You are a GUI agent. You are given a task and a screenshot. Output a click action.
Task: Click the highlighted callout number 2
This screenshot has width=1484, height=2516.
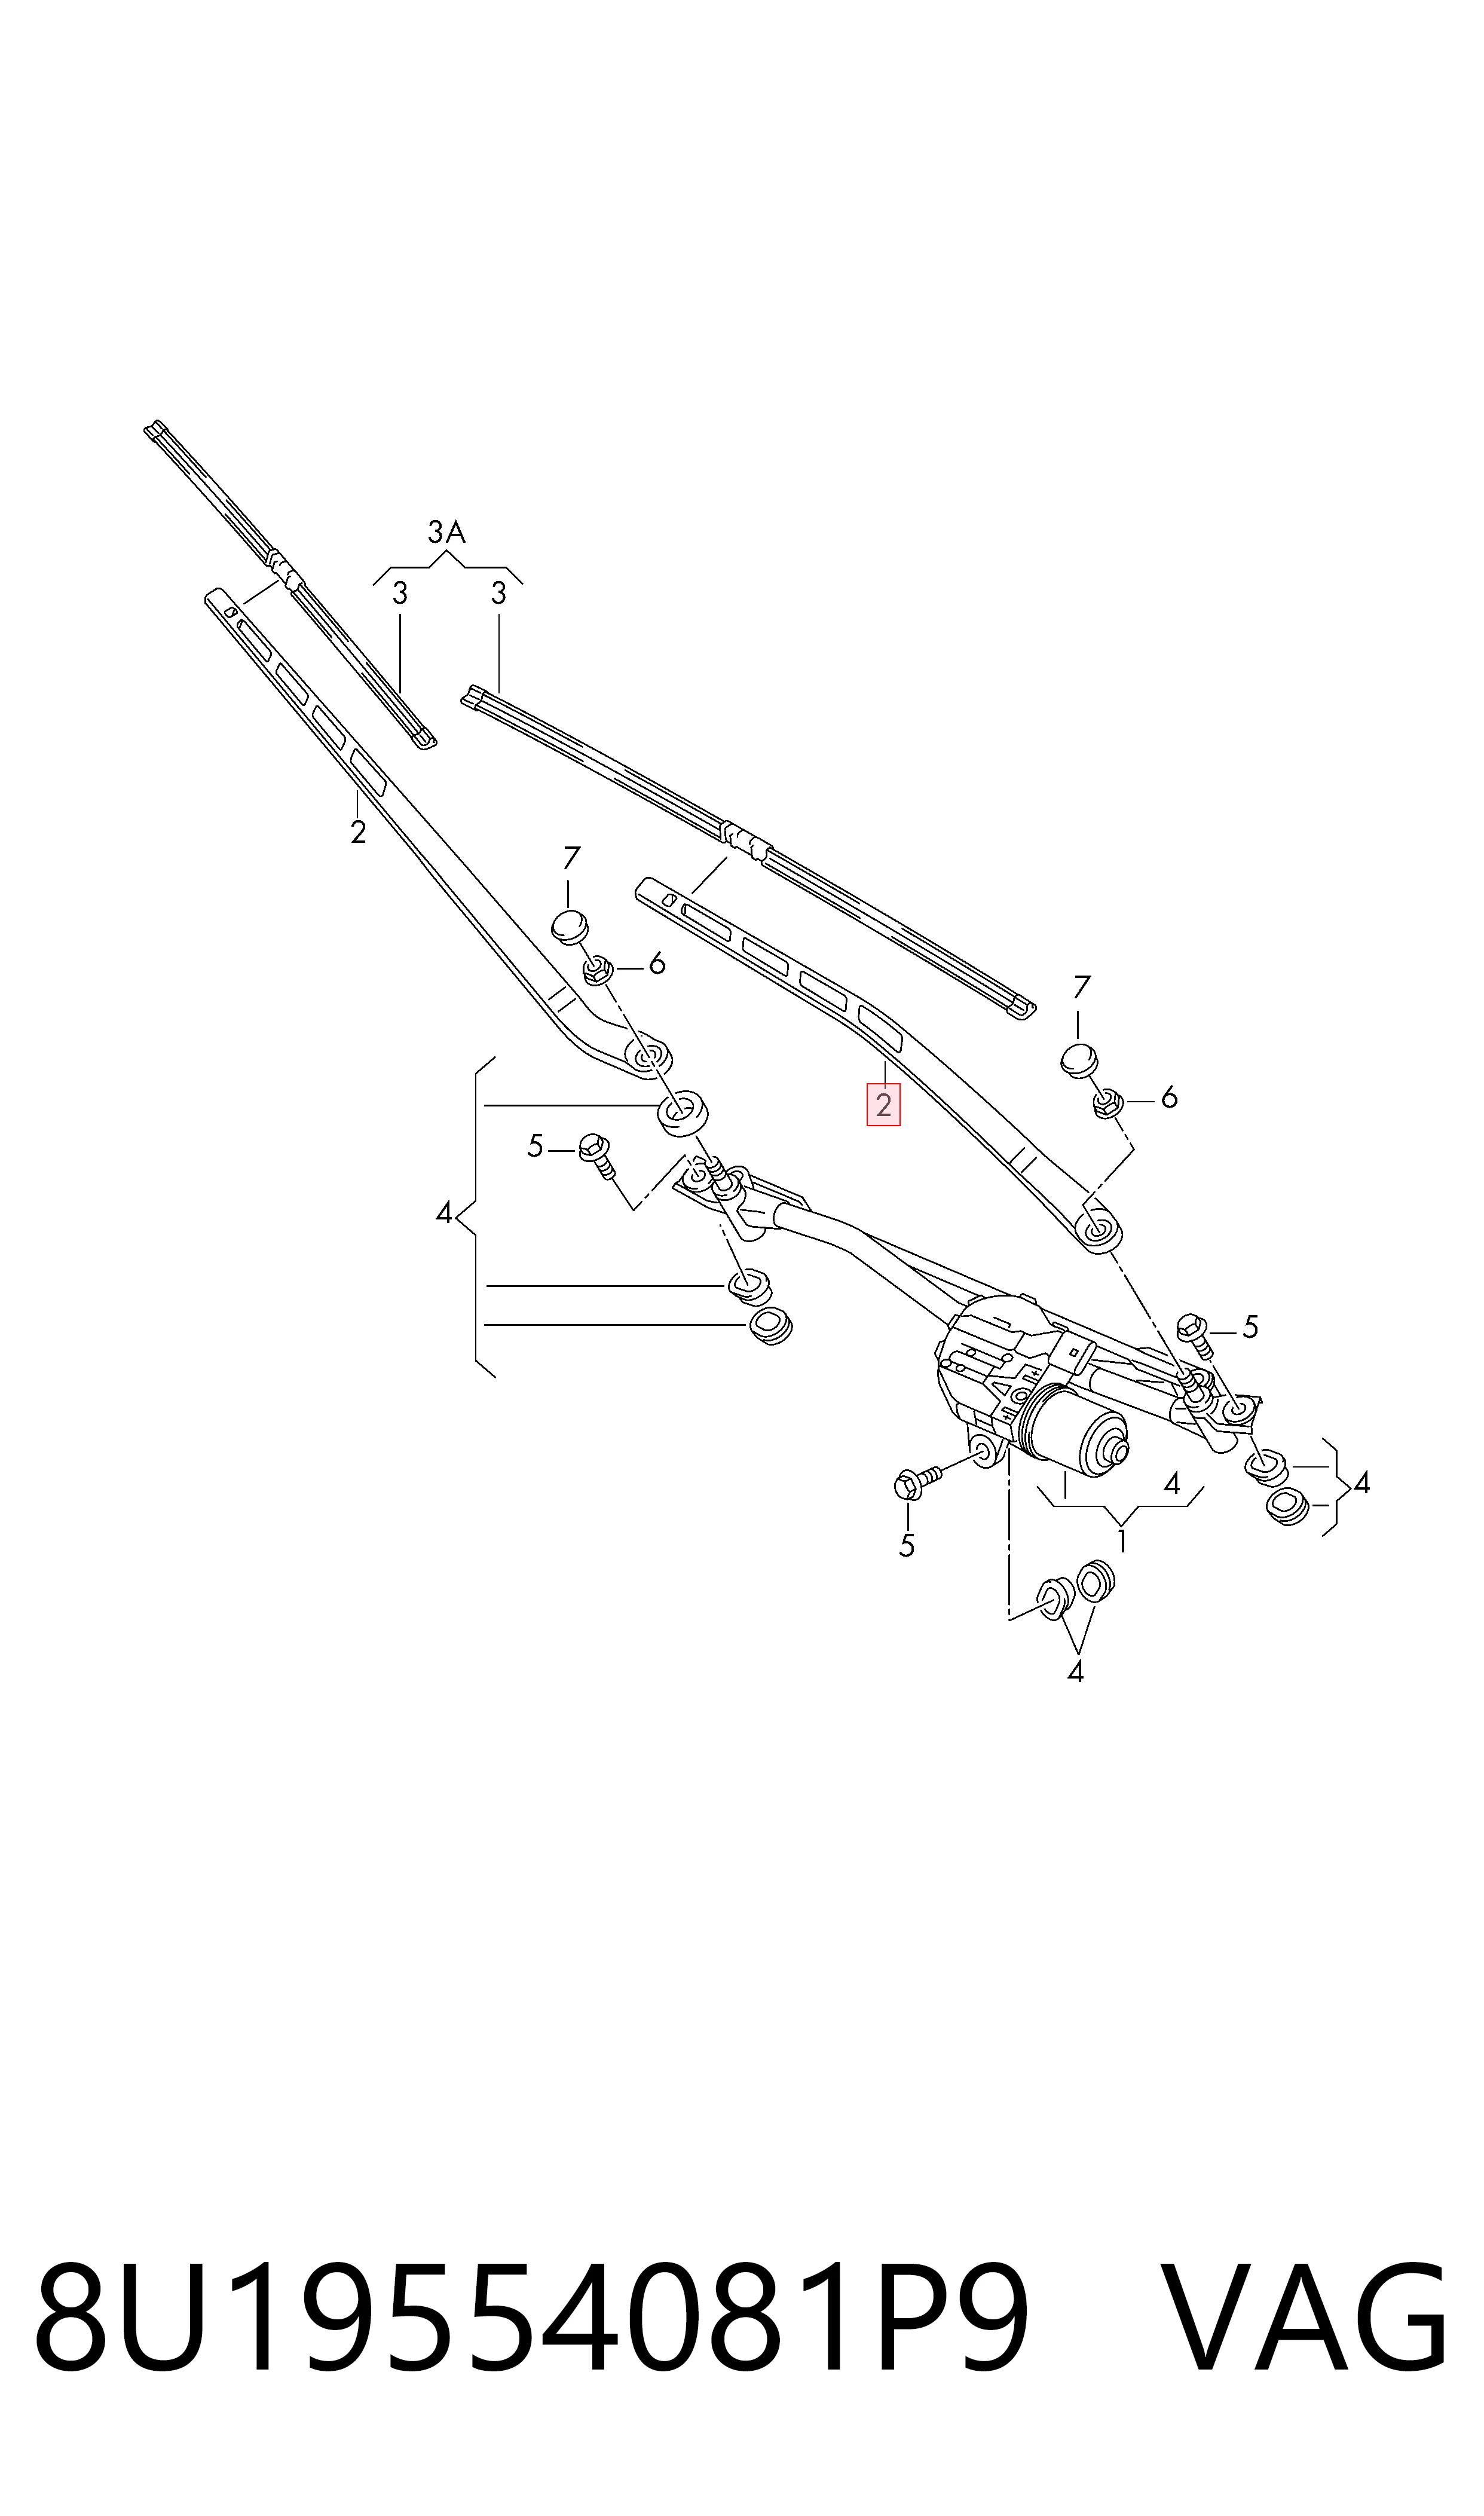point(883,1105)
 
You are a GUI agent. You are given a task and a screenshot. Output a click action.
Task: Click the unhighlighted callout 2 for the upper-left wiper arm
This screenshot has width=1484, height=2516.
point(358,832)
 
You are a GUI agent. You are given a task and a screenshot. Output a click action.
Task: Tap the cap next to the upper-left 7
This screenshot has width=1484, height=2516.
point(569,926)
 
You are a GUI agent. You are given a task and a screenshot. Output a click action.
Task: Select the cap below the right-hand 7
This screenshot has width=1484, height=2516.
point(1079,1060)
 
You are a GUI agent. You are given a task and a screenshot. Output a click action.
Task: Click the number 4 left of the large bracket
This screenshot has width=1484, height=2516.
point(444,1214)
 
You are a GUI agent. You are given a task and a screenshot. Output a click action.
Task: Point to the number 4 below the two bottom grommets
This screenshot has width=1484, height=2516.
point(1075,1671)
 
